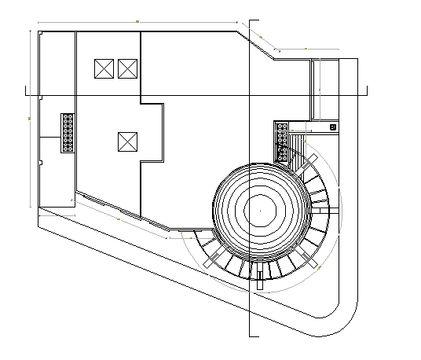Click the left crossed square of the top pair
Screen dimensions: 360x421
tap(104, 68)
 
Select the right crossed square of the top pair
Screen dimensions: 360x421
tap(127, 68)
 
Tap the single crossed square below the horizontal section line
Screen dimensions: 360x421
tap(127, 141)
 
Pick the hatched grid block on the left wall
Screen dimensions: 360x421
tap(68, 131)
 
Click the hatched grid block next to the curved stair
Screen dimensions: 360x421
tap(281, 141)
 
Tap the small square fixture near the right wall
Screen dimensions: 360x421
tap(333, 126)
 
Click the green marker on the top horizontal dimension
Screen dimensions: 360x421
tap(137, 21)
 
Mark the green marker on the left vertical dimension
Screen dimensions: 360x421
tap(29, 118)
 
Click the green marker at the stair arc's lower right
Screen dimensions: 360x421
tap(320, 267)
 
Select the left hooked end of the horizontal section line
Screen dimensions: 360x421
tap(27, 94)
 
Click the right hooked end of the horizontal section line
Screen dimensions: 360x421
tap(369, 92)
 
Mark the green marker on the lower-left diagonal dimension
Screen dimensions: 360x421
tap(118, 220)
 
